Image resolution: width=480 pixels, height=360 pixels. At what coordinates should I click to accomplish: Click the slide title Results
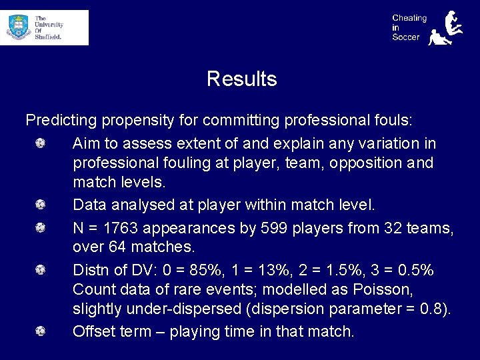[241, 79]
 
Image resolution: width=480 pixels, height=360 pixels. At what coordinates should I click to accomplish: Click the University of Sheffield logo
[44, 27]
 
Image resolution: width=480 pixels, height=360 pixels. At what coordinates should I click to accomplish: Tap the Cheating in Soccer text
[409, 27]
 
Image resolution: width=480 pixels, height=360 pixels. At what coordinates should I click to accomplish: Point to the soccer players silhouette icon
[445, 28]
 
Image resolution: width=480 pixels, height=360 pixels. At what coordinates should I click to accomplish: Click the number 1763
[119, 228]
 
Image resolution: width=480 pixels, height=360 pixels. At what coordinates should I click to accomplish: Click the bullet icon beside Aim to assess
[41, 143]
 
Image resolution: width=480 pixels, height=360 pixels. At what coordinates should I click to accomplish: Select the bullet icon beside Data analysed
[41, 205]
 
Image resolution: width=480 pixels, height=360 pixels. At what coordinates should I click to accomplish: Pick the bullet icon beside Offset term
[41, 331]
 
